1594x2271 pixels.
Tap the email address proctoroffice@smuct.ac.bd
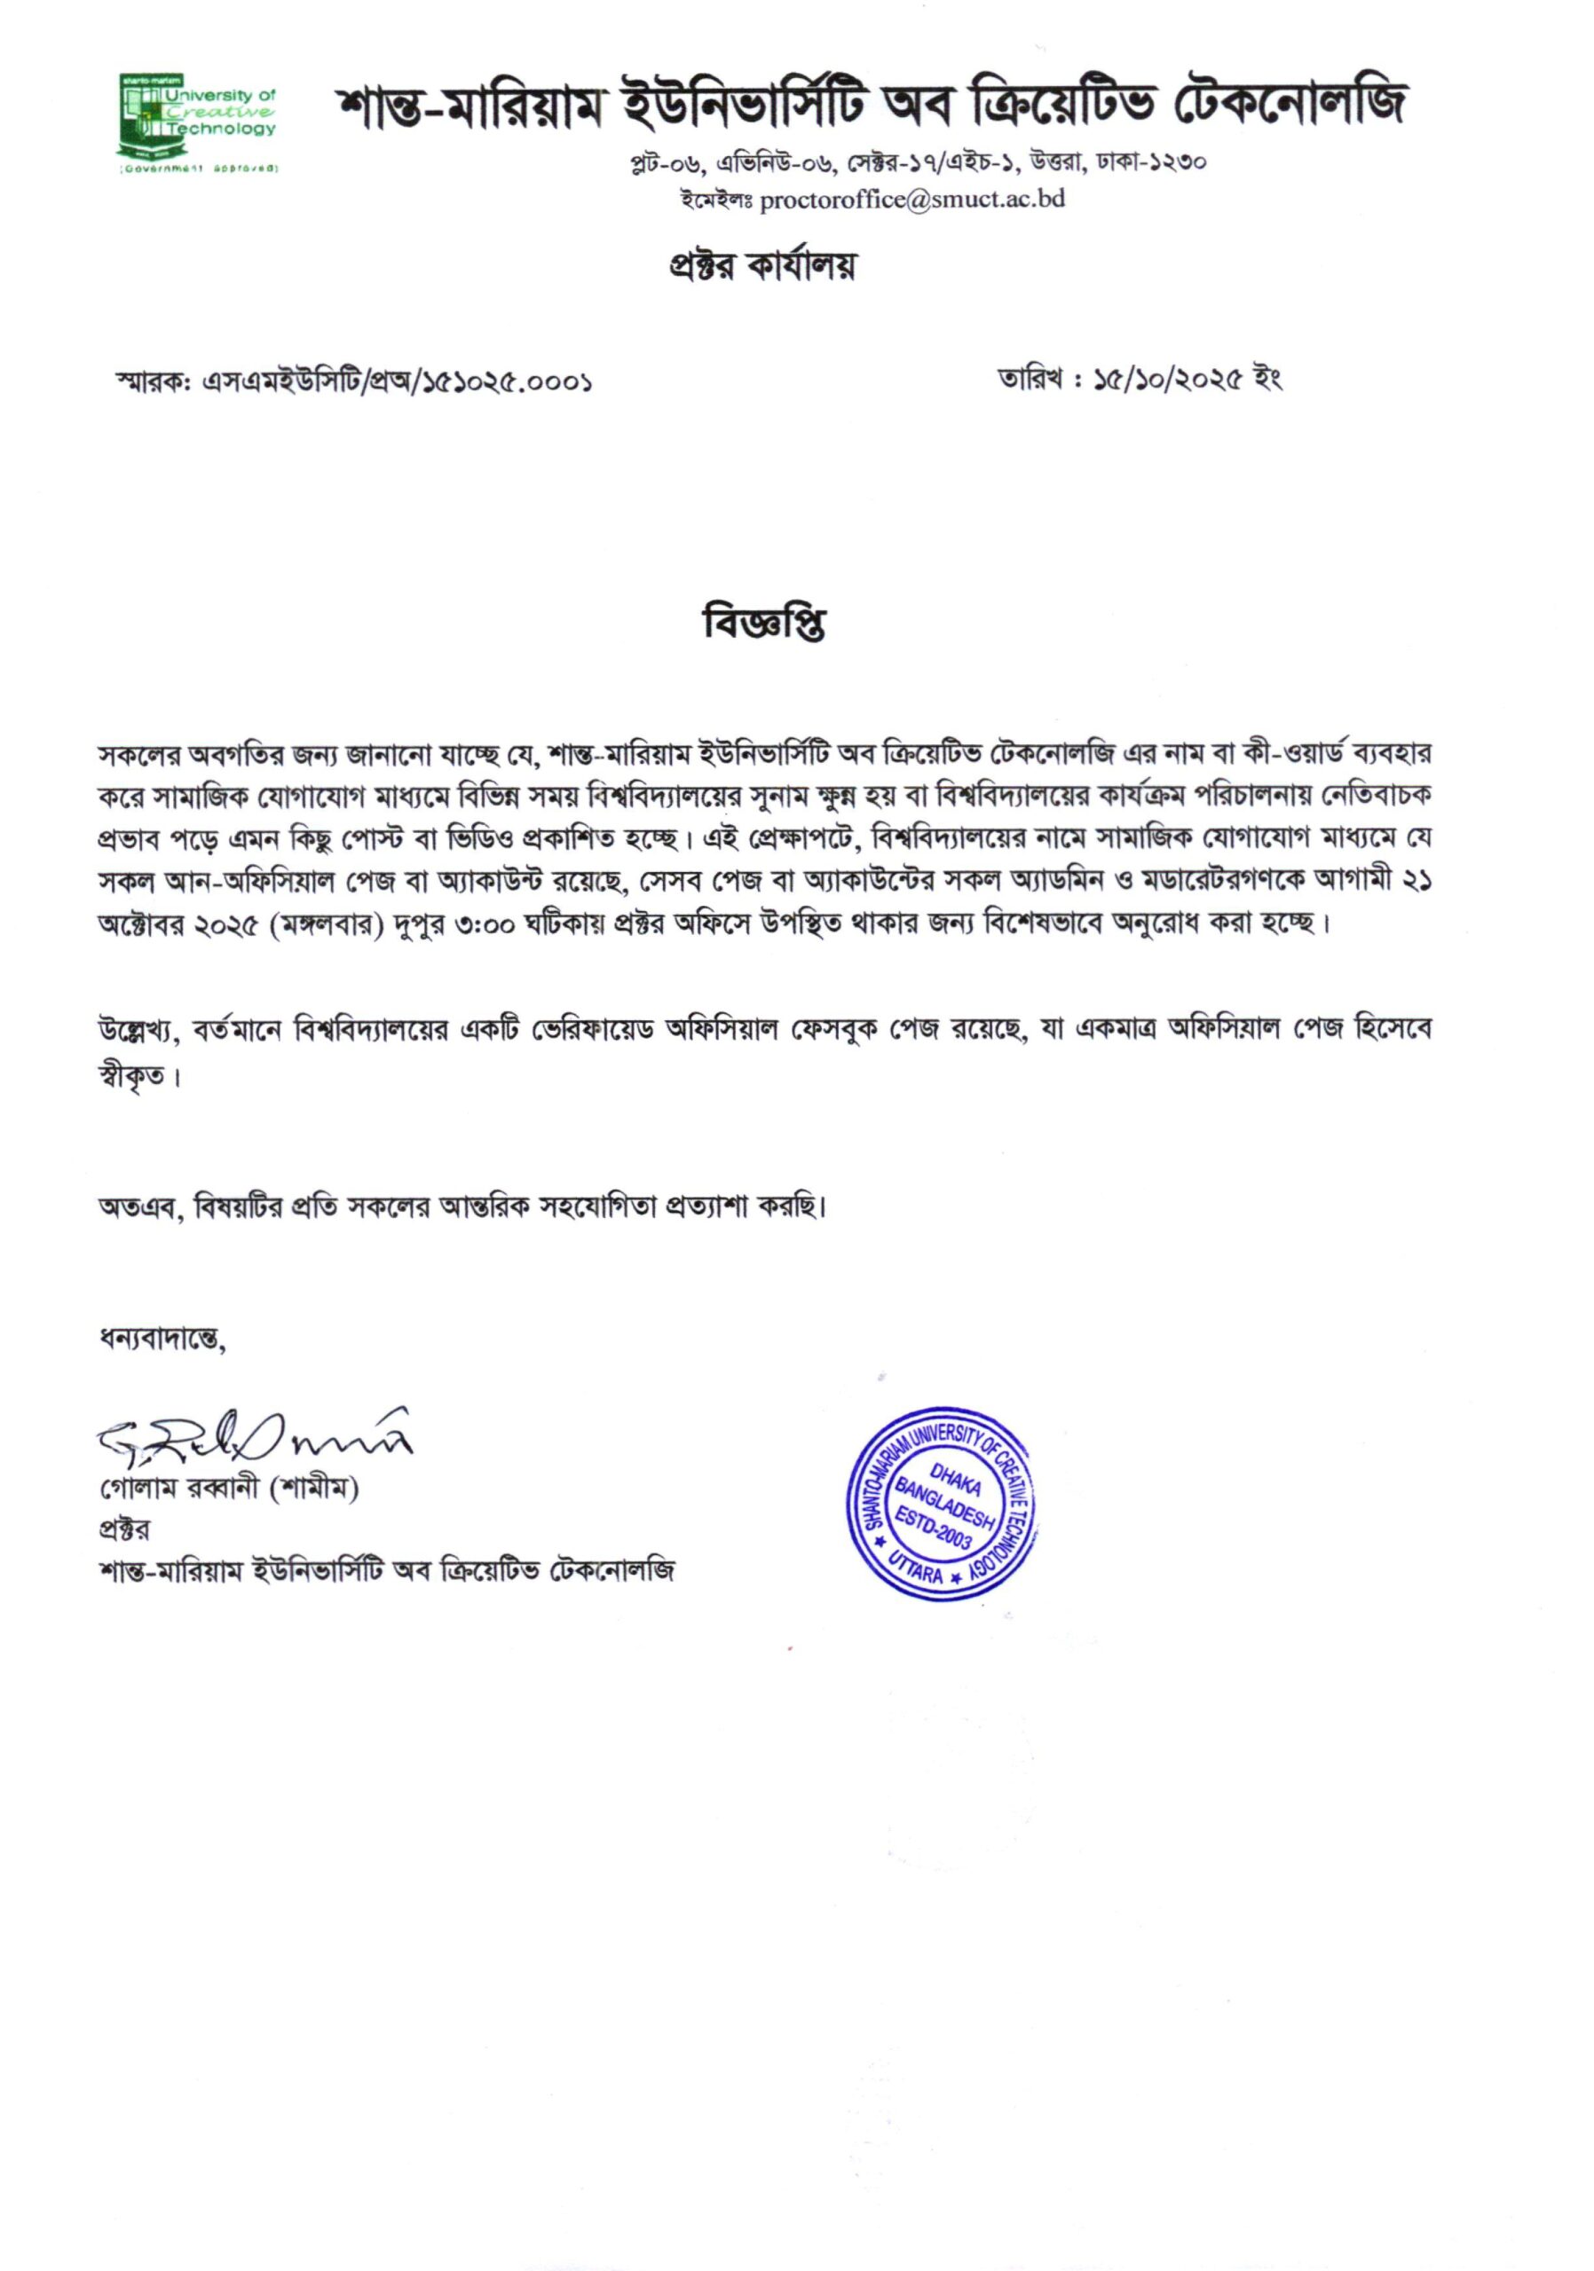[911, 199]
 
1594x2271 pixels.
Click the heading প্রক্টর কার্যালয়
[761, 265]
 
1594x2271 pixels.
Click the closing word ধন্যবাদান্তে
[162, 1342]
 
